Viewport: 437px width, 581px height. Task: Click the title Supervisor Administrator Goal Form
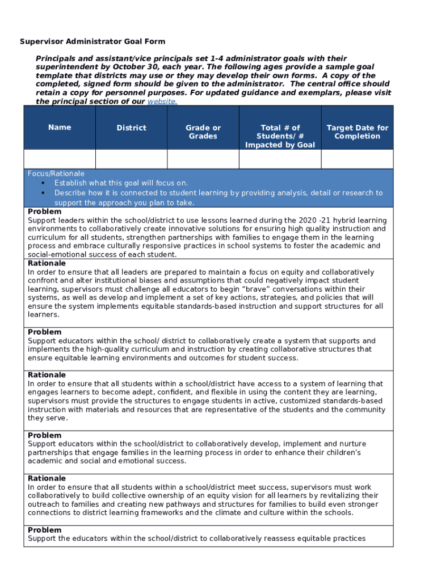[93, 41]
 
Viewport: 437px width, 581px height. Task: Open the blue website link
[162, 102]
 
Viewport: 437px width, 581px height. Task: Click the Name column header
[60, 128]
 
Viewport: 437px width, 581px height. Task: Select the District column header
[131, 128]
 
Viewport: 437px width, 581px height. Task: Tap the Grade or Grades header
[203, 132]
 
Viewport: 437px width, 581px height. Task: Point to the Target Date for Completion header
[357, 132]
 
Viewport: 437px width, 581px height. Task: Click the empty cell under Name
[60, 159]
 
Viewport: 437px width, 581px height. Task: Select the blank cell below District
[131, 159]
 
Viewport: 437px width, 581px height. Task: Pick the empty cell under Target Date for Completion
[357, 159]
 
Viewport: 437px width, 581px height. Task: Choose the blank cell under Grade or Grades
[203, 159]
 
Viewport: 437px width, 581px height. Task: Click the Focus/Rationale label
[56, 174]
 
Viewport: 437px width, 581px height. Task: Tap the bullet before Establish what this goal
[44, 183]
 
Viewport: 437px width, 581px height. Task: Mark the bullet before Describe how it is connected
[44, 193]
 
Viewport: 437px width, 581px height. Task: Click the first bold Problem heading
[45, 212]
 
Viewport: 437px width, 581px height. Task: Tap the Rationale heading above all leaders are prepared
[47, 263]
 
